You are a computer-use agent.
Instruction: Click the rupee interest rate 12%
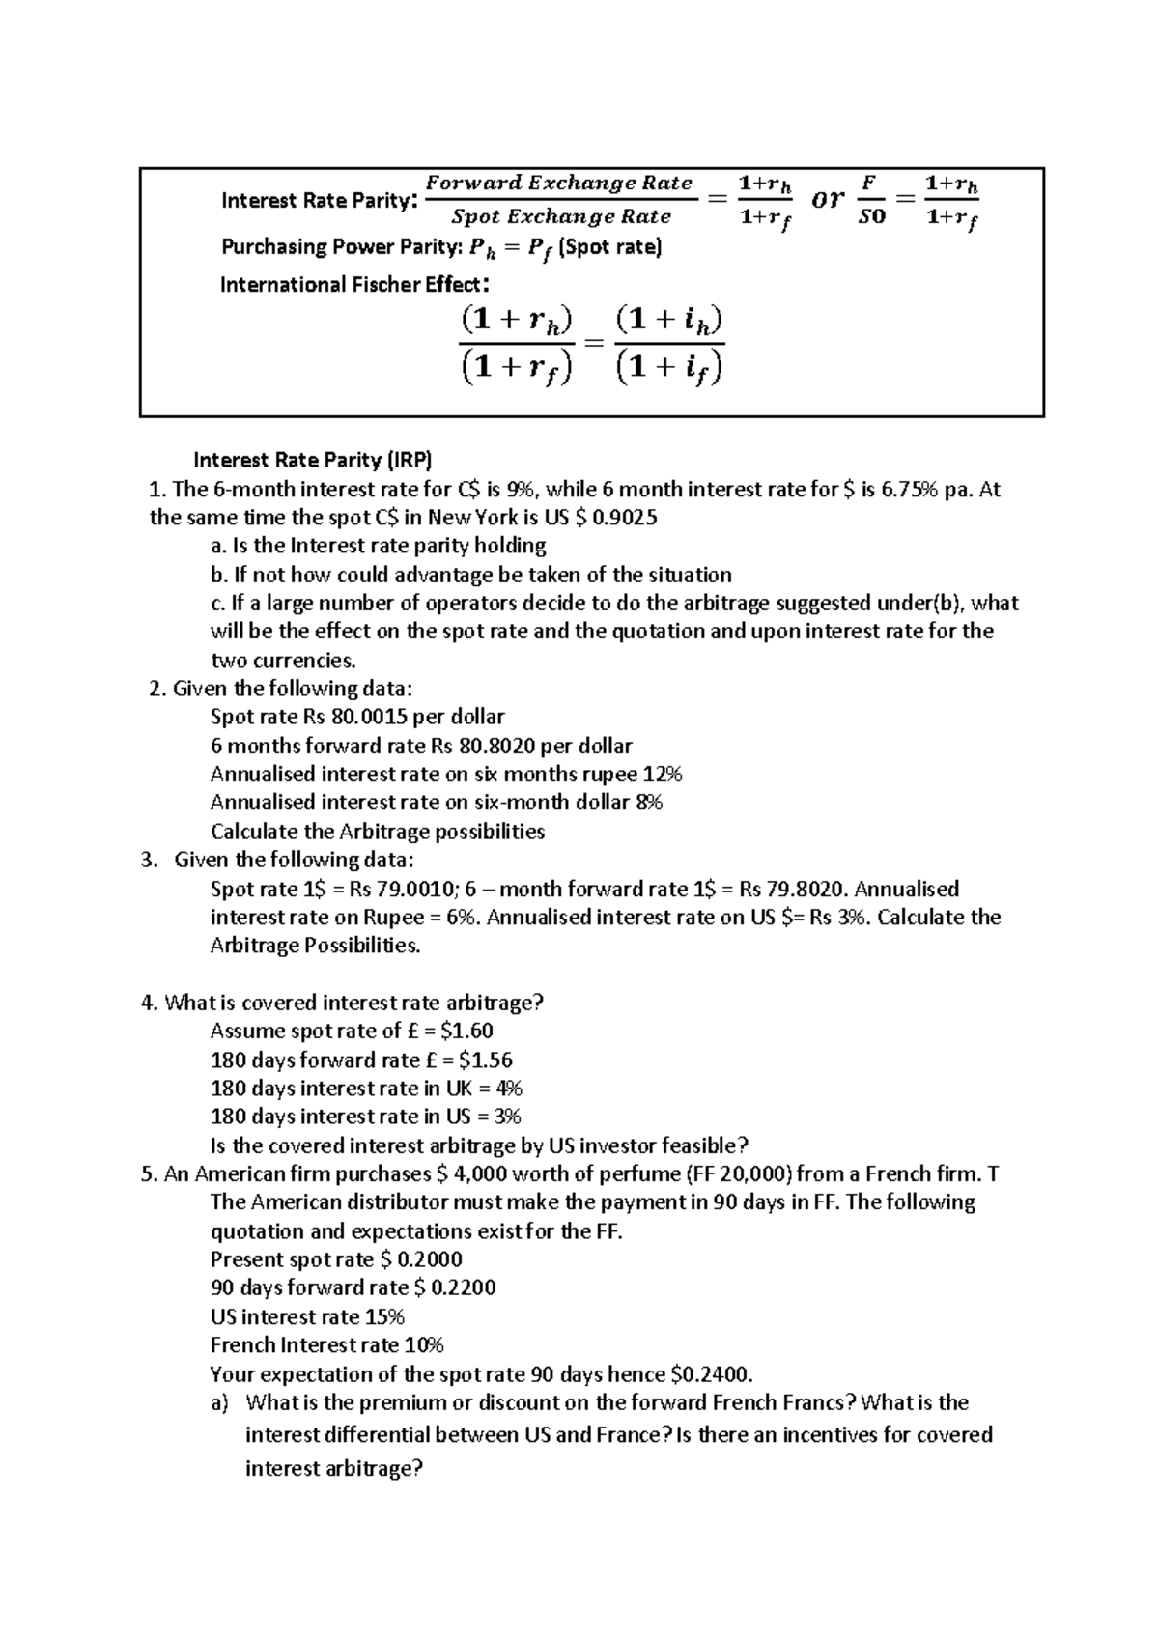coord(662,775)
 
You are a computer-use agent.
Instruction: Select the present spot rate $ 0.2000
coord(422,1260)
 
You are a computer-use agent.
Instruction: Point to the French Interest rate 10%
coord(423,1345)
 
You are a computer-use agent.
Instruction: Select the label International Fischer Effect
coord(351,285)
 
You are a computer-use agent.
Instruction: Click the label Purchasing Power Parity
coord(343,247)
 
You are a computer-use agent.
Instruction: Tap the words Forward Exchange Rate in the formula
coord(559,184)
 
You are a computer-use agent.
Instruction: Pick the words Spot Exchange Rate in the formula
coord(561,217)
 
